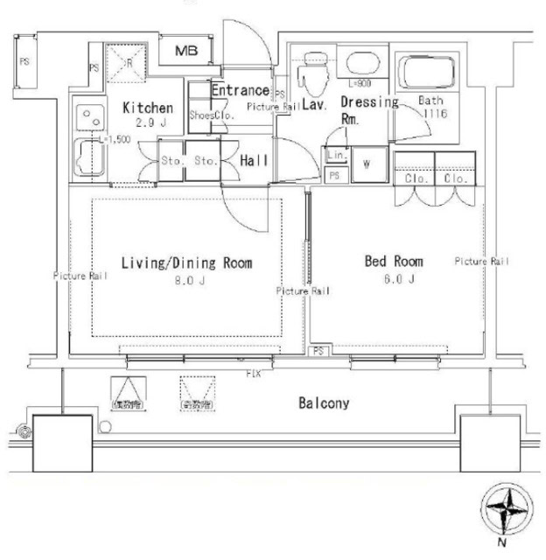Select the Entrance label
click(239, 90)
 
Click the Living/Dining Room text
click(186, 262)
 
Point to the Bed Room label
click(394, 261)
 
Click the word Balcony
click(324, 403)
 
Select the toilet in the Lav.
click(311, 76)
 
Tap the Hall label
click(254, 160)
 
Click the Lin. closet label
click(335, 155)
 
